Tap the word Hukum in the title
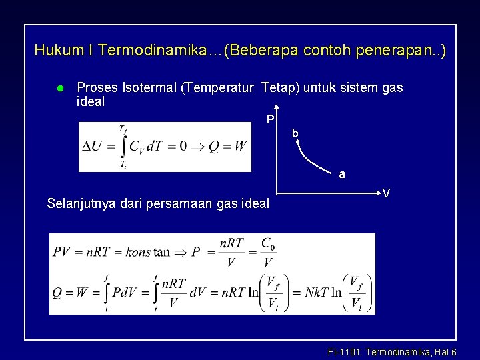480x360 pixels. tap(54, 50)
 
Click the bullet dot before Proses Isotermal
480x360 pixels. tap(60, 89)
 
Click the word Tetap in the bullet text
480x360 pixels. tap(279, 88)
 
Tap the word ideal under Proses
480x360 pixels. tap(91, 102)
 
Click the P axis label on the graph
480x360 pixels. tap(269, 120)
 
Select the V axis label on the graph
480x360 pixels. tap(386, 193)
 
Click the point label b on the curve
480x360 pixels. tap(295, 134)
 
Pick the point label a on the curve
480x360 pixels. tap(342, 175)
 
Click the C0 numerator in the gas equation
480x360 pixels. tap(268, 243)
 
